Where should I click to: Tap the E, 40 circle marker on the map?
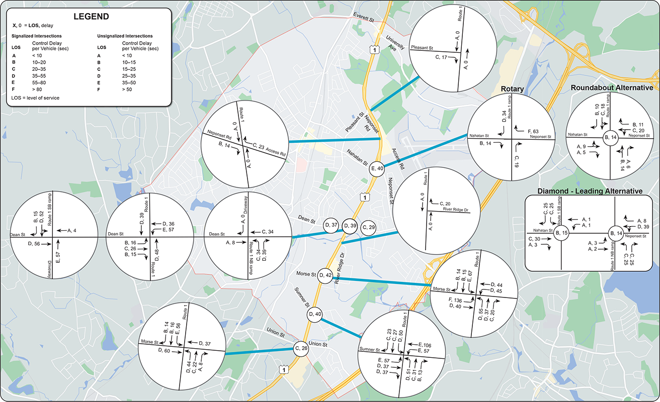coord(377,169)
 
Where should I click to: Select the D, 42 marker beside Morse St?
coord(325,275)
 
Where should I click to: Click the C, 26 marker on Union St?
coord(301,349)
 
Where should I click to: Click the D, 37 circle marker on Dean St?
coord(332,225)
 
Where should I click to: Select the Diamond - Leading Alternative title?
coord(590,191)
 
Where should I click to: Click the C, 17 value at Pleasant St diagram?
coord(438,57)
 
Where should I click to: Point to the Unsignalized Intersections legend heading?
coord(125,36)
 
